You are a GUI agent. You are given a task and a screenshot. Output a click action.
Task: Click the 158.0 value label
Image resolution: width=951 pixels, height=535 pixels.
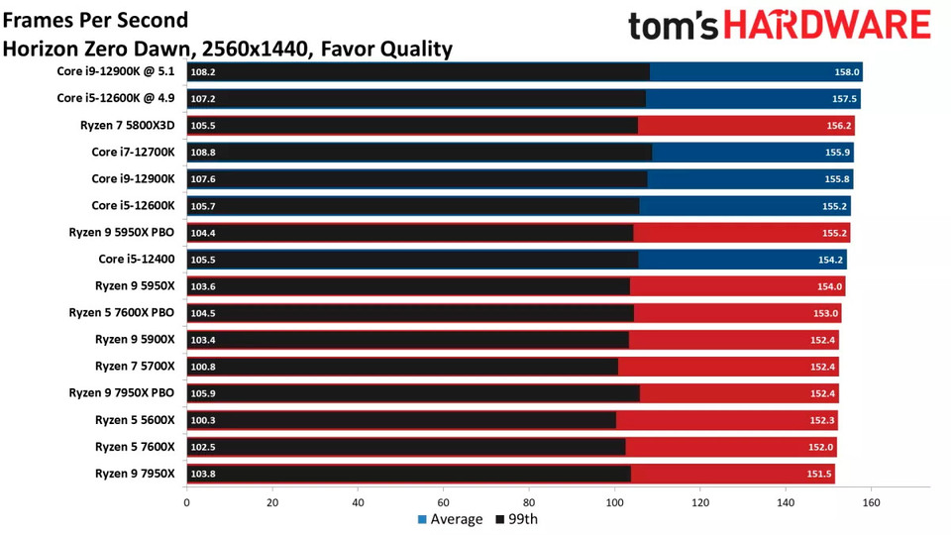847,72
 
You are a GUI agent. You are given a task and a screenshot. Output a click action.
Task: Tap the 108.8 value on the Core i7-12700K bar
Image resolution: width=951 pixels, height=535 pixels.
203,152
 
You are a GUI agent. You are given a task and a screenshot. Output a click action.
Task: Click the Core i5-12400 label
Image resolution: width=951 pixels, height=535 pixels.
137,259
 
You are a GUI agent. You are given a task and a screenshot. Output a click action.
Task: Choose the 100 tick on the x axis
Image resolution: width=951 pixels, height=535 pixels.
614,502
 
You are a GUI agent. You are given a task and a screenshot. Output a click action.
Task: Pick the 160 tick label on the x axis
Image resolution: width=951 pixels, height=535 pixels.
871,502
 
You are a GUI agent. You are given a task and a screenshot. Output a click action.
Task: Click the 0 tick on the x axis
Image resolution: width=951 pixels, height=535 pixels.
186,502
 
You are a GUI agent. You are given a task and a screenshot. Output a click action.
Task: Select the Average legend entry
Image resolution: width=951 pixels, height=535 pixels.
449,519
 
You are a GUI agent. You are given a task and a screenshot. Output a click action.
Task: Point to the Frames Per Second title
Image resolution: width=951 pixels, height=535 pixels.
95,19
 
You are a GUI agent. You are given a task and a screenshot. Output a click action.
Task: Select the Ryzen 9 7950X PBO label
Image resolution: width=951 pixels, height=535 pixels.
122,392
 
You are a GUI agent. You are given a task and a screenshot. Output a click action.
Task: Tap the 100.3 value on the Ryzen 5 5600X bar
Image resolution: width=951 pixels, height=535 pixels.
203,420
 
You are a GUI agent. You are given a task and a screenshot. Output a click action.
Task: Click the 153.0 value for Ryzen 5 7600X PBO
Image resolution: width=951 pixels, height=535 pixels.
825,313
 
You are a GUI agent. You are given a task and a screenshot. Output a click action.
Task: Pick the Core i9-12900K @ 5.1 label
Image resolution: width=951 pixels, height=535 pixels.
116,71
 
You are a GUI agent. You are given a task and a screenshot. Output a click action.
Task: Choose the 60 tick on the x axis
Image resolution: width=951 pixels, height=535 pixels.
443,502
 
